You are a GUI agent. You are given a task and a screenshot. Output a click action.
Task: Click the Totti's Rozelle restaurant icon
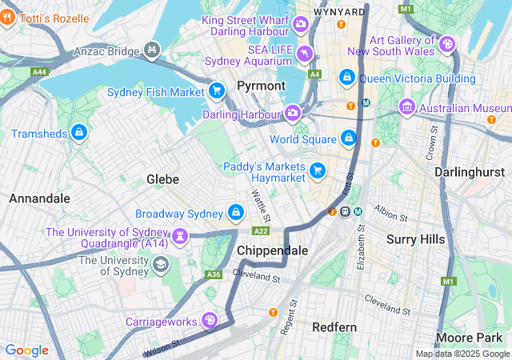(x=7, y=18)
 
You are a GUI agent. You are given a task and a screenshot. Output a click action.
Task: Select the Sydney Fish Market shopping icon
(x=216, y=91)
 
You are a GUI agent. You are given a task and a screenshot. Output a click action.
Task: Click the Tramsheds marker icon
(x=78, y=132)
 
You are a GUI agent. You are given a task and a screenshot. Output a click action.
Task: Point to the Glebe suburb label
(x=162, y=179)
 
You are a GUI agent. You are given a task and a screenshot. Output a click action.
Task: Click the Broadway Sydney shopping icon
(x=236, y=213)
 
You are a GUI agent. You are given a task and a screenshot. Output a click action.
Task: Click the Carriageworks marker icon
(x=210, y=321)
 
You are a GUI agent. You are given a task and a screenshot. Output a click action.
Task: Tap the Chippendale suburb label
(x=273, y=250)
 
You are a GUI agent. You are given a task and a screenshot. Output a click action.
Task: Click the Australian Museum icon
(x=407, y=106)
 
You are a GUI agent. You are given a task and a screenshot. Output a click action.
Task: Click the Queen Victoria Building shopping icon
(x=346, y=78)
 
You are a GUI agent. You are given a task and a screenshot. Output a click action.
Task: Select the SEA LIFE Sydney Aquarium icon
(x=305, y=54)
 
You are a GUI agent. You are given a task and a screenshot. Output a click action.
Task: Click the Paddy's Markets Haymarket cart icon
(x=318, y=170)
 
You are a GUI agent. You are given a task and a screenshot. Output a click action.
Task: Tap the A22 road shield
(x=261, y=230)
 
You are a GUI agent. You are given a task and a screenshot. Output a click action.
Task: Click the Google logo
(x=26, y=350)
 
